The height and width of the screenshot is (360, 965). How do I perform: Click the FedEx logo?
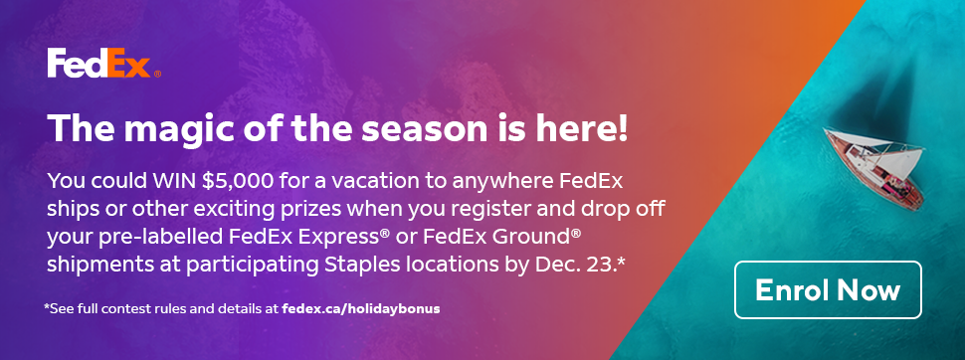pos(99,66)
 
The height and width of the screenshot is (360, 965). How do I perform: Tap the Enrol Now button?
pos(828,290)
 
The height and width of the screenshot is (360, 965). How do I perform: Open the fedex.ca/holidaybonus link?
pos(360,308)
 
